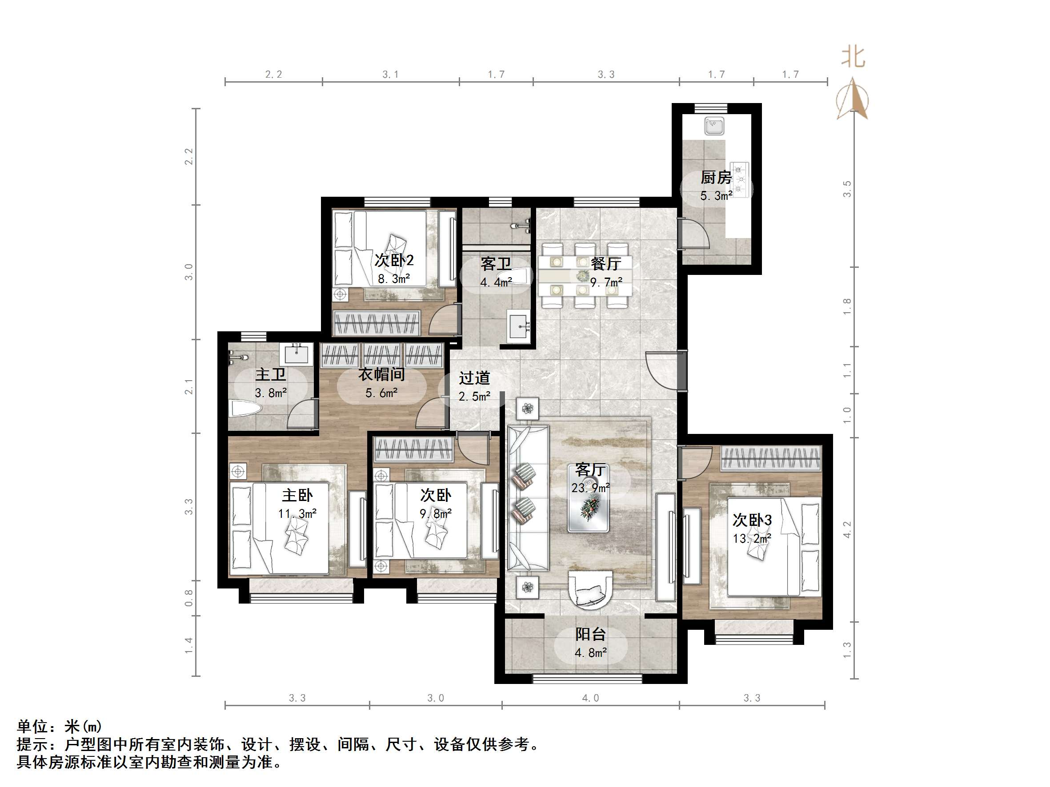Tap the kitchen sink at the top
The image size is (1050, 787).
[714, 126]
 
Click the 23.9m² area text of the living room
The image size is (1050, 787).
[590, 488]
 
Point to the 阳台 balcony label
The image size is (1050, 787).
[590, 634]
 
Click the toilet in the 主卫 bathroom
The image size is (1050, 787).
[245, 409]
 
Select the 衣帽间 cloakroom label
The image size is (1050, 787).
[381, 374]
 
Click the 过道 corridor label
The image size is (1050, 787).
[474, 378]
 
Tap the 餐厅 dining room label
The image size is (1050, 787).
[606, 263]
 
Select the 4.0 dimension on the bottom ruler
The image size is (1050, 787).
[590, 698]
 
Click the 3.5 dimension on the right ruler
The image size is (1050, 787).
[847, 189]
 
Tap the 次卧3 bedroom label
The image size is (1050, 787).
[752, 520]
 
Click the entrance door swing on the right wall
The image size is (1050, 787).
[662, 370]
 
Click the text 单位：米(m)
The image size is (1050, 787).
[59, 726]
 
